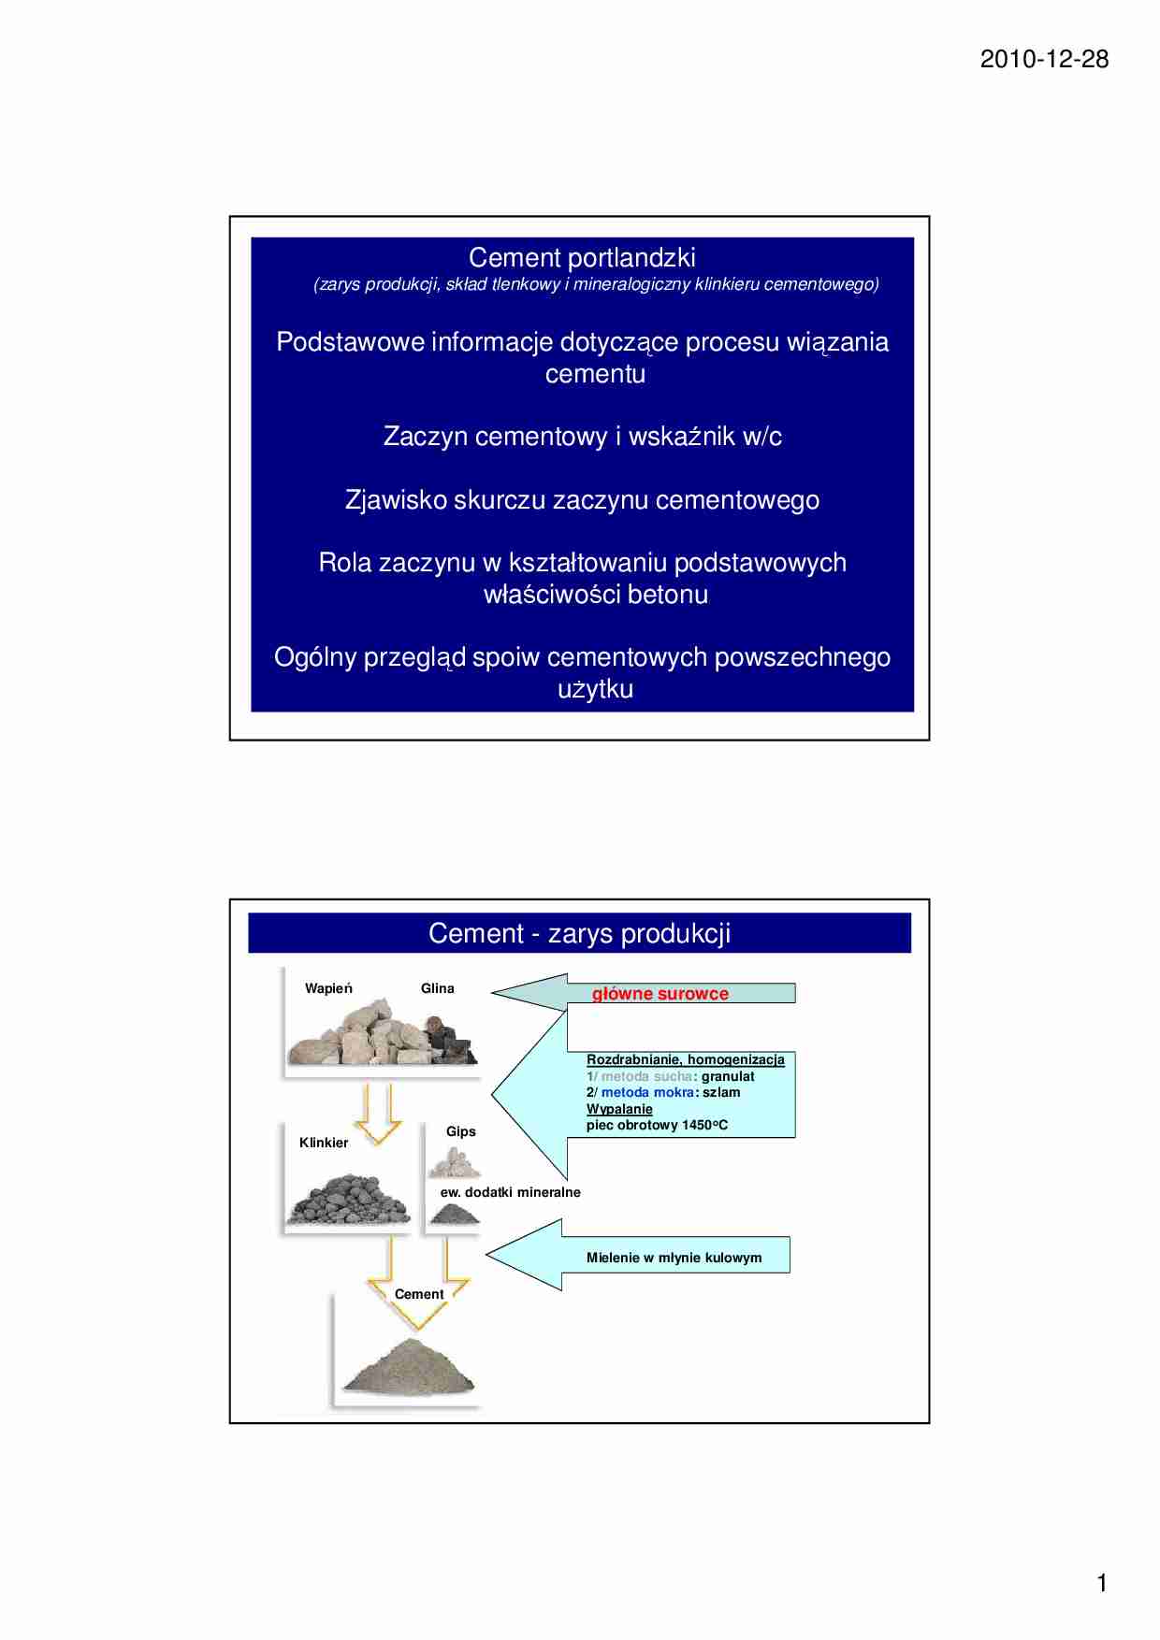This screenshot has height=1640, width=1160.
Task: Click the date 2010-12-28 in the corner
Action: (x=1044, y=60)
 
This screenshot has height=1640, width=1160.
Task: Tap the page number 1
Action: (x=1101, y=1583)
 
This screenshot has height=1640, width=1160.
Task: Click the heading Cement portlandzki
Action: (x=581, y=258)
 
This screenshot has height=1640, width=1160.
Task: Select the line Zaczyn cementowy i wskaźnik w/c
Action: (x=582, y=437)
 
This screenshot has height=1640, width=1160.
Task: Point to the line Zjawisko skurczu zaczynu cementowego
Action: (x=582, y=500)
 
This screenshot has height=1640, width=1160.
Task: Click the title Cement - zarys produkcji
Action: (x=579, y=933)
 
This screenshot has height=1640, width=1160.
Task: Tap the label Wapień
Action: (x=328, y=988)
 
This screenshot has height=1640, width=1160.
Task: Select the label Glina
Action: (x=437, y=988)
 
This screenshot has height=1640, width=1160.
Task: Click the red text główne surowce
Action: (x=660, y=994)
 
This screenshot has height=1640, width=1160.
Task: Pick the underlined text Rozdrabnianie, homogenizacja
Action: (x=685, y=1059)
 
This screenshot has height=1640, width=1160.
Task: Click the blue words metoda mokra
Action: (x=647, y=1092)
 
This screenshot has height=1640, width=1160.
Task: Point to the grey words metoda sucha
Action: (x=646, y=1076)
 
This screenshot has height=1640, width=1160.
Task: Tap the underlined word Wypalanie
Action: (x=619, y=1109)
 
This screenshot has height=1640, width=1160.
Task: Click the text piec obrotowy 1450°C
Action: (x=657, y=1125)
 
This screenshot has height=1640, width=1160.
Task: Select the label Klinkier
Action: (x=324, y=1143)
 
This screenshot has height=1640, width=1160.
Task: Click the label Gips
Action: (x=460, y=1131)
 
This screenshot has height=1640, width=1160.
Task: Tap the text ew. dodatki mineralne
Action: (x=510, y=1192)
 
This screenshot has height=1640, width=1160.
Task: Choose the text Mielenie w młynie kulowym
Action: (x=674, y=1258)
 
